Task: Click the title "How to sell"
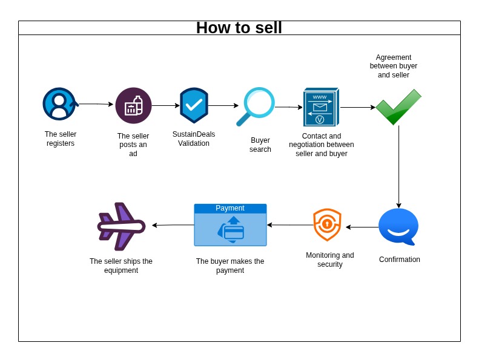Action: (239, 28)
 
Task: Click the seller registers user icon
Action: (59, 104)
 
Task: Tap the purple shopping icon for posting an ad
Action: (133, 106)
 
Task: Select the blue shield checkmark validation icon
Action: (194, 105)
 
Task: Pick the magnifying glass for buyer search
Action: (257, 106)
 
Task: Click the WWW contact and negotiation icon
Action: (320, 107)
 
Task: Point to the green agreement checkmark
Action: (398, 107)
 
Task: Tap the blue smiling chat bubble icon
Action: (398, 226)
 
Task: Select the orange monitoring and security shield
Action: (327, 224)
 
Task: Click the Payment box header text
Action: (230, 208)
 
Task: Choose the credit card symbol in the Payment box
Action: (233, 232)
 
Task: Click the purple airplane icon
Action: (122, 226)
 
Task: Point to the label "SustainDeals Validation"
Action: (194, 139)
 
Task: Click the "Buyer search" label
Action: (260, 145)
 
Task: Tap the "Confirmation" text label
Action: (400, 260)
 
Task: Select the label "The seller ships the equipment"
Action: (121, 266)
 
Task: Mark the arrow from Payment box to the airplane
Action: (173, 225)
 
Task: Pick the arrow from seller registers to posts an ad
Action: (96, 104)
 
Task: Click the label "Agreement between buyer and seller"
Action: (394, 66)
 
